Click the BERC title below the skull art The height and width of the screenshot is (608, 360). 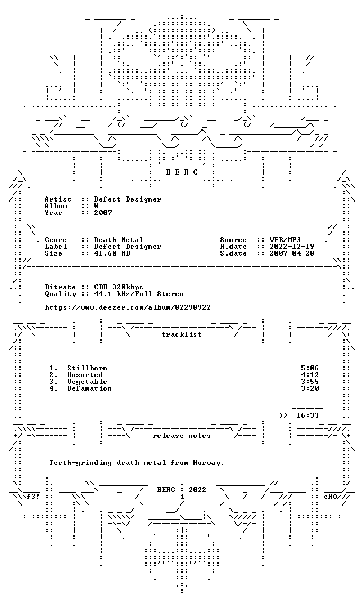pyautogui.click(x=182, y=172)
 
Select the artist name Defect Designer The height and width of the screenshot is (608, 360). pyautogui.click(x=128, y=199)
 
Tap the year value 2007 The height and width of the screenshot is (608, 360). pyautogui.click(x=103, y=213)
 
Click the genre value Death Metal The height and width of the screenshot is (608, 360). pyautogui.click(x=119, y=240)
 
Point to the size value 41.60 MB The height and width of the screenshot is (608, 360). pyautogui.click(x=112, y=253)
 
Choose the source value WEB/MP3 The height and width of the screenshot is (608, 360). pyautogui.click(x=285, y=240)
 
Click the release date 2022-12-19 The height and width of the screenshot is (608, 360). pyautogui.click(x=292, y=247)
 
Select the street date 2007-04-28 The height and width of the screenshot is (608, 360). pyautogui.click(x=292, y=253)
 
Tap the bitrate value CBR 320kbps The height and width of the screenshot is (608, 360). pyautogui.click(x=119, y=287)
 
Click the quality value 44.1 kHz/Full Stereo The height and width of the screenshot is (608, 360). pyautogui.click(x=139, y=294)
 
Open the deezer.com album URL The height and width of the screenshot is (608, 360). pyautogui.click(x=128, y=307)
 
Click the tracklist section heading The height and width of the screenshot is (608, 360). pyautogui.click(x=182, y=334)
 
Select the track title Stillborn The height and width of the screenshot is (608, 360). pyautogui.click(x=87, y=368)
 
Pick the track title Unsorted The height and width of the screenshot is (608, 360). pyautogui.click(x=85, y=375)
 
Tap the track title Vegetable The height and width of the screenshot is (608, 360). pyautogui.click(x=87, y=382)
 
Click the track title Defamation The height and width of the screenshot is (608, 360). pyautogui.click(x=89, y=388)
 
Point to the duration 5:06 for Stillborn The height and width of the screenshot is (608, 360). pyautogui.click(x=310, y=368)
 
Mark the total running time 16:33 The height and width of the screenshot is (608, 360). pyautogui.click(x=308, y=415)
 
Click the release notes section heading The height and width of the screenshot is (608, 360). pyautogui.click(x=182, y=436)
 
